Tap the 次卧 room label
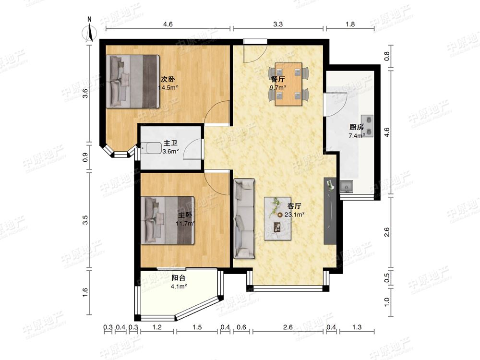[x=168, y=79]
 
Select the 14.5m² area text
[x=168, y=87]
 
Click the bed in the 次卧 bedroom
[x=133, y=82]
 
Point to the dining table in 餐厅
[x=288, y=84]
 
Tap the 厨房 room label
[x=356, y=127]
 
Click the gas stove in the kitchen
[x=367, y=126]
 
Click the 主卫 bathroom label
[x=171, y=143]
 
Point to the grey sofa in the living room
[x=244, y=218]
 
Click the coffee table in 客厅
[x=277, y=218]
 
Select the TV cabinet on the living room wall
[x=330, y=211]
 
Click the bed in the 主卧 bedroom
[x=168, y=220]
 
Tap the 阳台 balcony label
[x=179, y=278]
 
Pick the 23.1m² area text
[x=295, y=215]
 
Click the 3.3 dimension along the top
[x=278, y=24]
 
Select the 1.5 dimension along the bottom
[x=197, y=327]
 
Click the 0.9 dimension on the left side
[x=85, y=157]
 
